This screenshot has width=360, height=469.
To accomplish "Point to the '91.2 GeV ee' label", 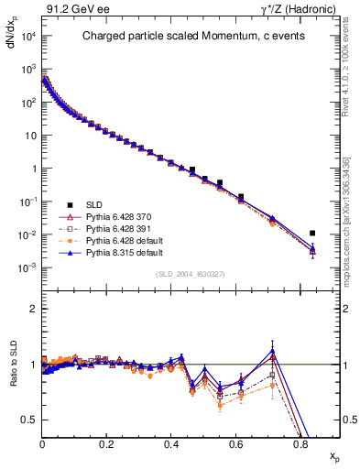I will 70,9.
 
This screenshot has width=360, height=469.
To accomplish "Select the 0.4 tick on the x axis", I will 171,446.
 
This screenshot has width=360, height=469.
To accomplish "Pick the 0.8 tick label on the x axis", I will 300,446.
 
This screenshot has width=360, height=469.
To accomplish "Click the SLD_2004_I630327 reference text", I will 189,275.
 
